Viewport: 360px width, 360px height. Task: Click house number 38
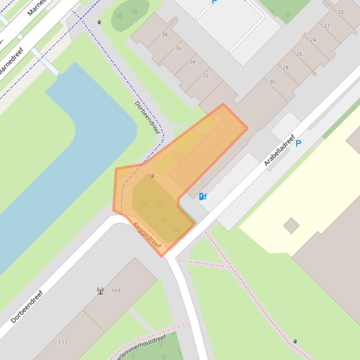pyautogui.click(x=164, y=35)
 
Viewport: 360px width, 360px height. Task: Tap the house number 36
pyautogui.click(x=178, y=48)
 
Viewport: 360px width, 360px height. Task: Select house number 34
pyautogui.click(x=192, y=62)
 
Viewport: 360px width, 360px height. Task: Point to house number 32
pyautogui.click(x=206, y=75)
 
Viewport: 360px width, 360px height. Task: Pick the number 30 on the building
pyautogui.click(x=272, y=81)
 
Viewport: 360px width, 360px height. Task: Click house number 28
pyautogui.click(x=286, y=67)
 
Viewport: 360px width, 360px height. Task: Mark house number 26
pyautogui.click(x=299, y=54)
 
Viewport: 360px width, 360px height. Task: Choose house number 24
pyautogui.click(x=313, y=40)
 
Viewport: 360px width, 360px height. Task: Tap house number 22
pyautogui.click(x=327, y=26)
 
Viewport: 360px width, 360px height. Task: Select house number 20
pyautogui.click(x=340, y=12)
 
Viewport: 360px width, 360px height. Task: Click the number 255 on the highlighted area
pyautogui.click(x=244, y=129)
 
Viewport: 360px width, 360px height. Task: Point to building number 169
pyautogui.click(x=116, y=290)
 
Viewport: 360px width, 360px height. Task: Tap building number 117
pyautogui.click(x=63, y=342)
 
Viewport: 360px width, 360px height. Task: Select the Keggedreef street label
pyautogui.click(x=147, y=235)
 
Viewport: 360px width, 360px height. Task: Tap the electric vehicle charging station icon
pyautogui.click(x=203, y=196)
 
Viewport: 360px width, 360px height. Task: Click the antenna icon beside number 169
pyautogui.click(x=100, y=291)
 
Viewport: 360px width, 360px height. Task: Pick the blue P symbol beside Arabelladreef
pyautogui.click(x=298, y=143)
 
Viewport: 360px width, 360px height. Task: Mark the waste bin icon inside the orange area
pyautogui.click(x=152, y=176)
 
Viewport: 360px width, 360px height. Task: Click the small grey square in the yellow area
pyautogui.click(x=291, y=226)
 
